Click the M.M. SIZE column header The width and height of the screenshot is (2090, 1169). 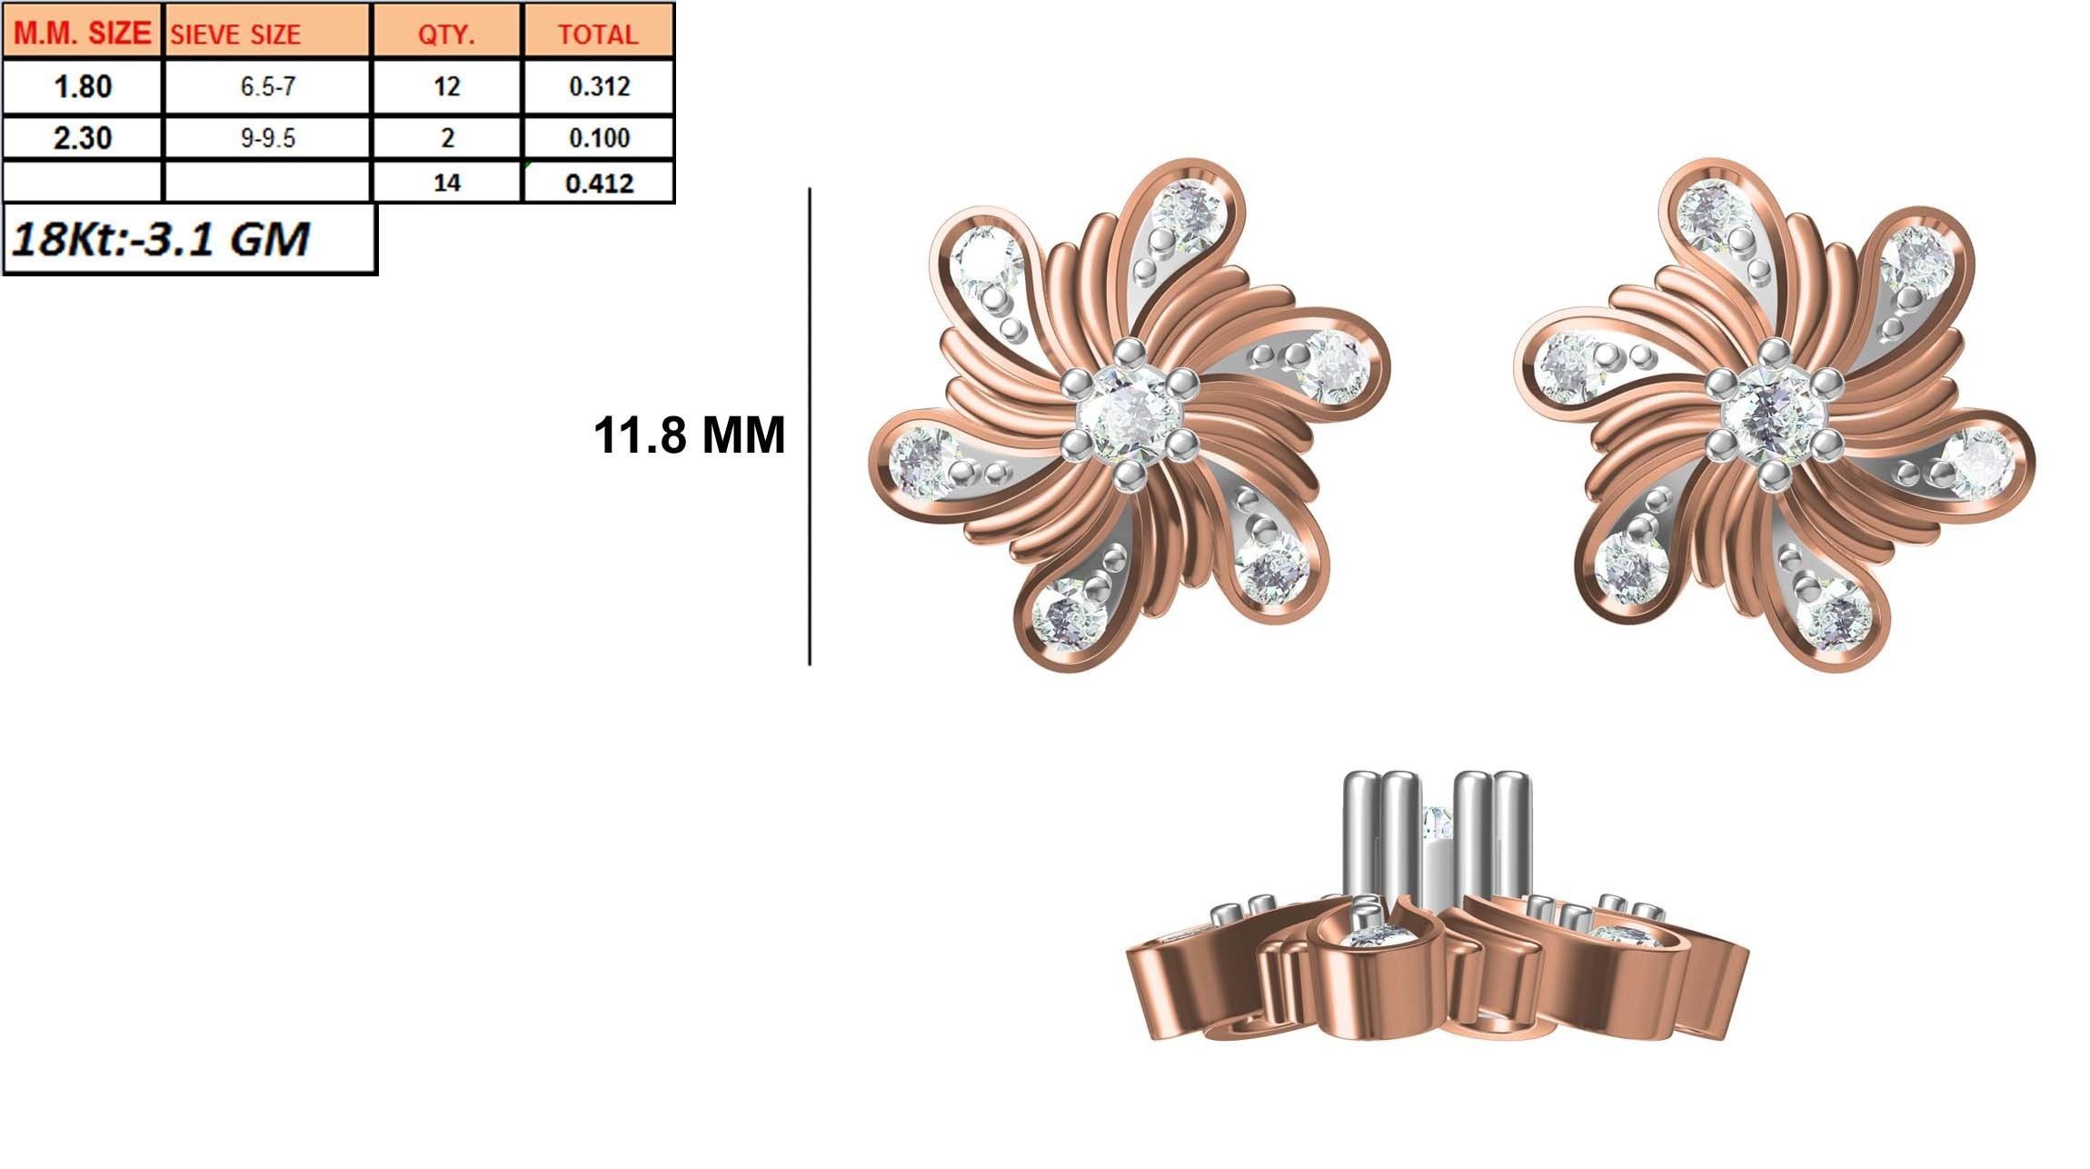pos(82,33)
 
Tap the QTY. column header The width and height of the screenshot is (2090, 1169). pos(446,35)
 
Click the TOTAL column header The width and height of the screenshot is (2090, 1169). pos(598,35)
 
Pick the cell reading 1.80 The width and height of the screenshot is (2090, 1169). pos(82,87)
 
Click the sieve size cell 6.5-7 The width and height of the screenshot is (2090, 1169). pos(267,87)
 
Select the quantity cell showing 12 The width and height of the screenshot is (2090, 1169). pos(446,87)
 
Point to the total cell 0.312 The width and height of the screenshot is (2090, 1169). pos(599,87)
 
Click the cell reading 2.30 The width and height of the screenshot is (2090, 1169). pos(82,138)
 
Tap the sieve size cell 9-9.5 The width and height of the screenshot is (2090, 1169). pos(267,138)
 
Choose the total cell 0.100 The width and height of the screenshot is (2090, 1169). pos(599,138)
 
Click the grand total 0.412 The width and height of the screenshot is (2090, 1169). pos(599,184)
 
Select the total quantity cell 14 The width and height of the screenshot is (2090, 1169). pos(446,184)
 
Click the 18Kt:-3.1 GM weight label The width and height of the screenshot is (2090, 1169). pos(162,239)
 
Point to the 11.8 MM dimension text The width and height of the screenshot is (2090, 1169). pos(689,435)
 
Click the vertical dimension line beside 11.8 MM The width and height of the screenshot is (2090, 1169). pos(810,427)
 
